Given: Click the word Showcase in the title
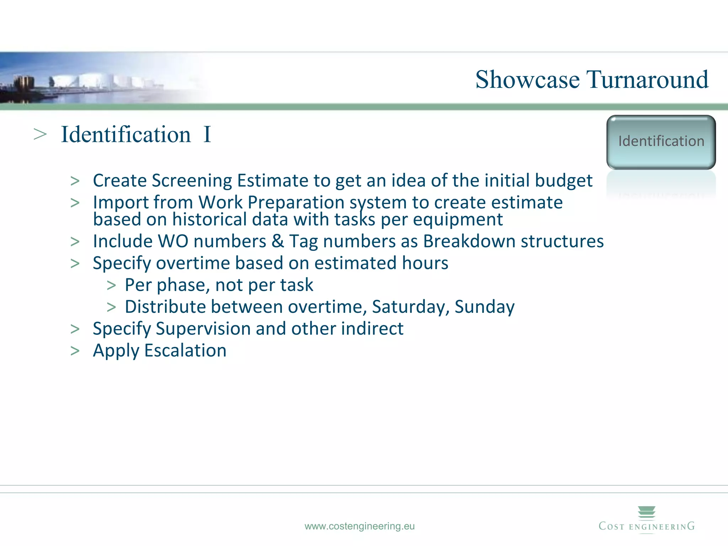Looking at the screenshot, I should pos(528,80).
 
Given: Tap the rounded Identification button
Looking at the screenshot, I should pos(661,142).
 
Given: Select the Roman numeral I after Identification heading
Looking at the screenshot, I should pos(207,135).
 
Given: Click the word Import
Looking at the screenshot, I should pos(116,203).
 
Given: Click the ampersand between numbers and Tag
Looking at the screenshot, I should pos(278,241).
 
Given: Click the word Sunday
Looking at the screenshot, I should pos(484,307).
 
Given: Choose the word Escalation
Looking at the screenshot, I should pos(185,351).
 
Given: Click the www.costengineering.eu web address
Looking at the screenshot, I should pos(359,526).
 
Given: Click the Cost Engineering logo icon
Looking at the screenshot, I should pos(647,513).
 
